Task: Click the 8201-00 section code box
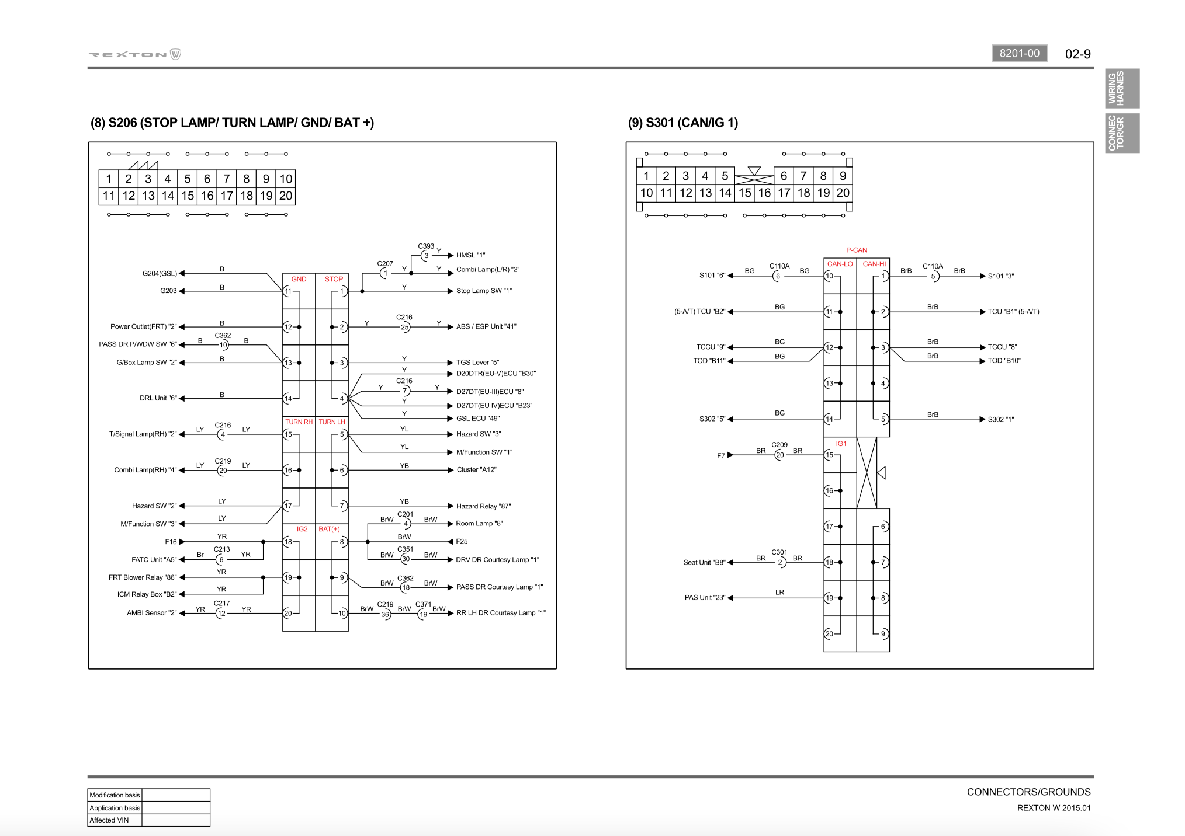(x=1019, y=53)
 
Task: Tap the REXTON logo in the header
(x=134, y=54)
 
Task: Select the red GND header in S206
(x=299, y=279)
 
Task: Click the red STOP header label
(x=334, y=279)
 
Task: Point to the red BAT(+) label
(x=329, y=529)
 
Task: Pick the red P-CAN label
(x=857, y=250)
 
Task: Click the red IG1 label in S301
(x=841, y=444)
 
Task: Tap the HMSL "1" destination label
(x=471, y=255)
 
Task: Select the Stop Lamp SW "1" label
(x=484, y=291)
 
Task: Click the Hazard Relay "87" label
(x=483, y=506)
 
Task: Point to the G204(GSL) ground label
(x=160, y=273)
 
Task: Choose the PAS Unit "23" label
(x=705, y=597)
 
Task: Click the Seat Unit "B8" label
(x=704, y=562)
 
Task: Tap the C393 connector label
(x=426, y=246)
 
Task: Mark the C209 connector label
(x=779, y=445)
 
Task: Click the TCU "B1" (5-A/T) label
(x=1013, y=312)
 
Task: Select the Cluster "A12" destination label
(x=476, y=470)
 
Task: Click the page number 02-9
(x=1077, y=54)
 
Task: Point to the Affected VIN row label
(x=109, y=820)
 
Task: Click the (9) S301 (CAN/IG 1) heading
(x=682, y=123)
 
